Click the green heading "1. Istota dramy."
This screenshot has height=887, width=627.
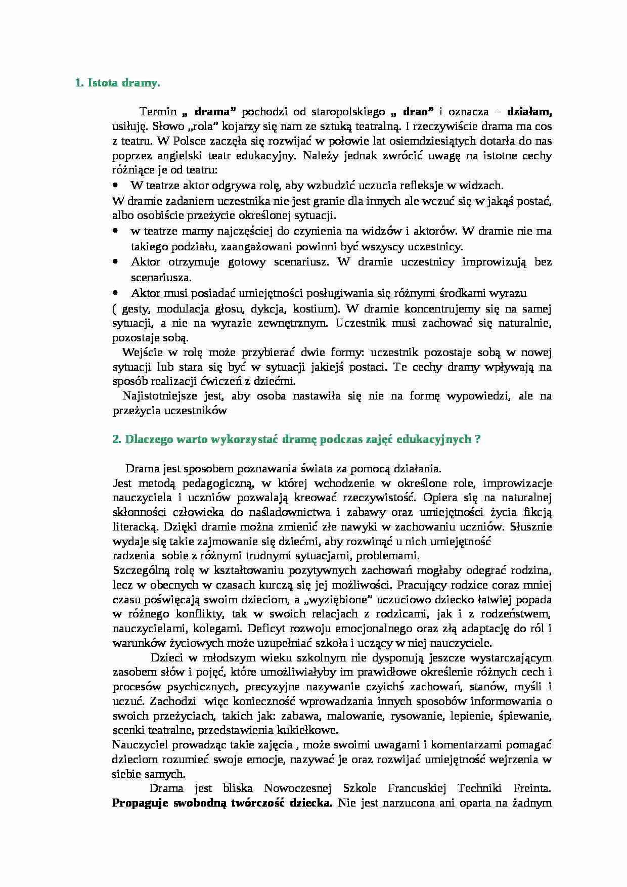(x=117, y=83)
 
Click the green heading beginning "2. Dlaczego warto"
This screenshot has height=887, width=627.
(x=296, y=439)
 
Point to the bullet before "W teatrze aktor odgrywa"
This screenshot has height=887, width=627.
(x=115, y=185)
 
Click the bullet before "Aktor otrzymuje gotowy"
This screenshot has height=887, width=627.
(x=115, y=262)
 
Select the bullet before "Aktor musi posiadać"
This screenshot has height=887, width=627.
(x=115, y=293)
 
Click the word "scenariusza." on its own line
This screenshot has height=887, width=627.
(x=154, y=278)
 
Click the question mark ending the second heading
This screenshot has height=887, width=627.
(x=478, y=439)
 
